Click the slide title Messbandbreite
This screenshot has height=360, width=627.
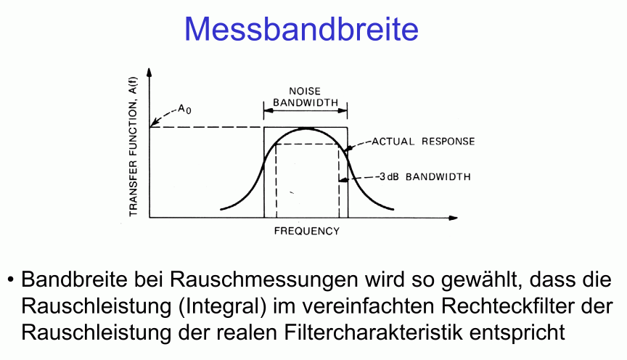[x=301, y=29]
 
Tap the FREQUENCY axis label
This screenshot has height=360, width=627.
[x=307, y=232]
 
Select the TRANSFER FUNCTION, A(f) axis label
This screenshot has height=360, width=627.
[x=133, y=147]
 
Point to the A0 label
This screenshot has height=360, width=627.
[x=184, y=109]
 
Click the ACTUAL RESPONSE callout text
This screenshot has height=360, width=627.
[x=423, y=142]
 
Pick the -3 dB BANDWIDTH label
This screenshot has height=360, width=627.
[x=423, y=177]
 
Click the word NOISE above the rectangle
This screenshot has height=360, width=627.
[x=305, y=91]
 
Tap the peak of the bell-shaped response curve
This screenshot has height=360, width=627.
[x=306, y=128]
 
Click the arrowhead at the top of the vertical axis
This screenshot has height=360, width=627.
[x=149, y=72]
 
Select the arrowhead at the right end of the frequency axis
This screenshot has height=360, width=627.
[x=453, y=218]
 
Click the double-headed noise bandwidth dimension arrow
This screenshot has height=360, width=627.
[x=306, y=110]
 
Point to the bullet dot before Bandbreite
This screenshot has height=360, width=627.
[x=10, y=279]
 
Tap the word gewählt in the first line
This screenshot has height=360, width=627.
[x=482, y=280]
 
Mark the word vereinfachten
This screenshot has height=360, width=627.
[x=369, y=306]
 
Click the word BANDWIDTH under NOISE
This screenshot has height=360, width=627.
[x=306, y=102]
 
